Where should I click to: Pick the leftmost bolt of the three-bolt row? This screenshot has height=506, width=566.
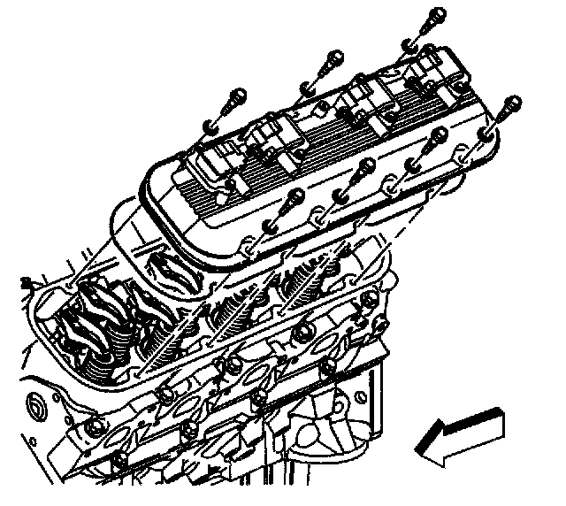tap(232, 98)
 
